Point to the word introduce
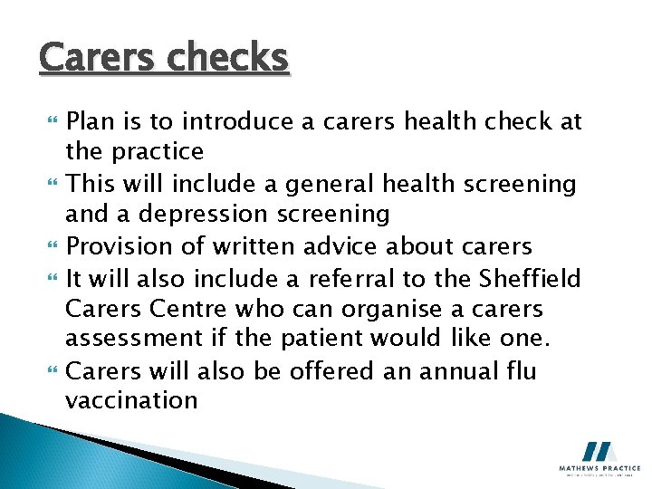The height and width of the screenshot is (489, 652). [249, 120]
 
